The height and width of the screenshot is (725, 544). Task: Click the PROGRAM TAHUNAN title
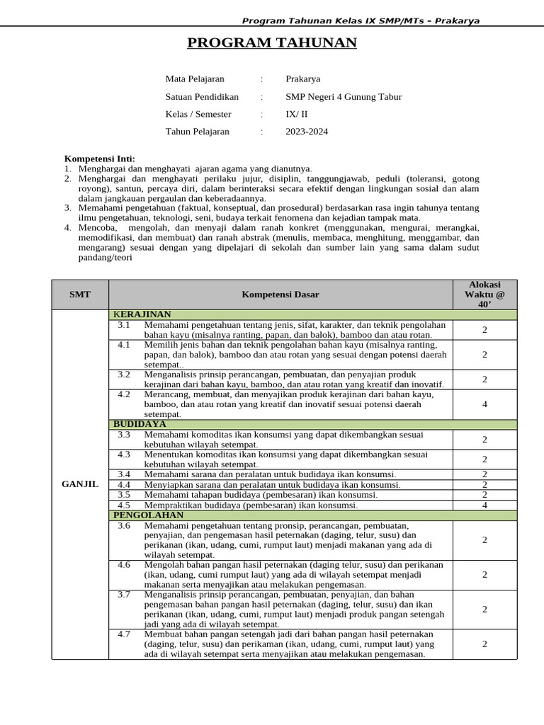pos(272,43)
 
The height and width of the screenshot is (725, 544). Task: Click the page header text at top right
pos(361,21)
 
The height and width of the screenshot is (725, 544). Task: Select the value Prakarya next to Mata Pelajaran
pos(302,79)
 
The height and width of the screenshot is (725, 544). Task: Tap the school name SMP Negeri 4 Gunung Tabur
pos(343,96)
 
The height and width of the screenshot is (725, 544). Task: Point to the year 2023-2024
pos(307,131)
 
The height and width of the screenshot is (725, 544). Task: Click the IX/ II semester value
pos(297,113)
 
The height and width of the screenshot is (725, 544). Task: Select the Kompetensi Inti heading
pos(99,159)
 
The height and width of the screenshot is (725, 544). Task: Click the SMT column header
pos(80,295)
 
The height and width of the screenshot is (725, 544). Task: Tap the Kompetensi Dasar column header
pos(280,295)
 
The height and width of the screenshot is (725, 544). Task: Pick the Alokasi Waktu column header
pos(484,294)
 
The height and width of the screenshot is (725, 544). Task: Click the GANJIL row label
pos(80,484)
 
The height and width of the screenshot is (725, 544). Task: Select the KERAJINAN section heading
pos(142,314)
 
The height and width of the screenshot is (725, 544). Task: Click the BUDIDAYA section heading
pos(140,424)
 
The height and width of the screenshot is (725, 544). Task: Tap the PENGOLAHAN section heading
pos(148,515)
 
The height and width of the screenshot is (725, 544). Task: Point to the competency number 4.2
pos(124,394)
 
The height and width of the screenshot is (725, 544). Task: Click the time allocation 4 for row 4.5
pos(484,506)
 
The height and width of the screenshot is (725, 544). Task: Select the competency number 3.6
pos(124,526)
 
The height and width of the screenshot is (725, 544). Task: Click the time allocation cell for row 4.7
pos(484,644)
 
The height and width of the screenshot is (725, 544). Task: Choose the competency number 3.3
pos(124,434)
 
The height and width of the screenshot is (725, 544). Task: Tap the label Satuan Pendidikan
pos(202,96)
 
